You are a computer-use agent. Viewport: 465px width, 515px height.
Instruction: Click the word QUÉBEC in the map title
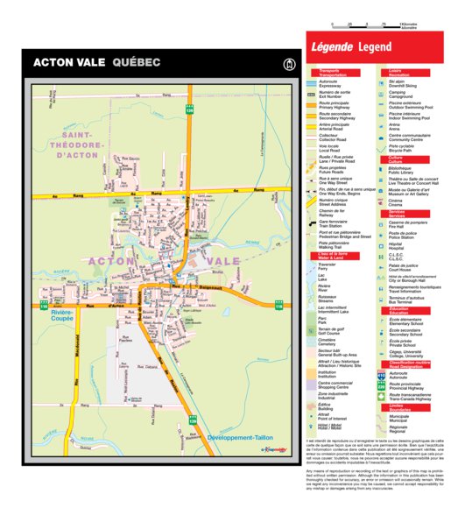click(x=136, y=63)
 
